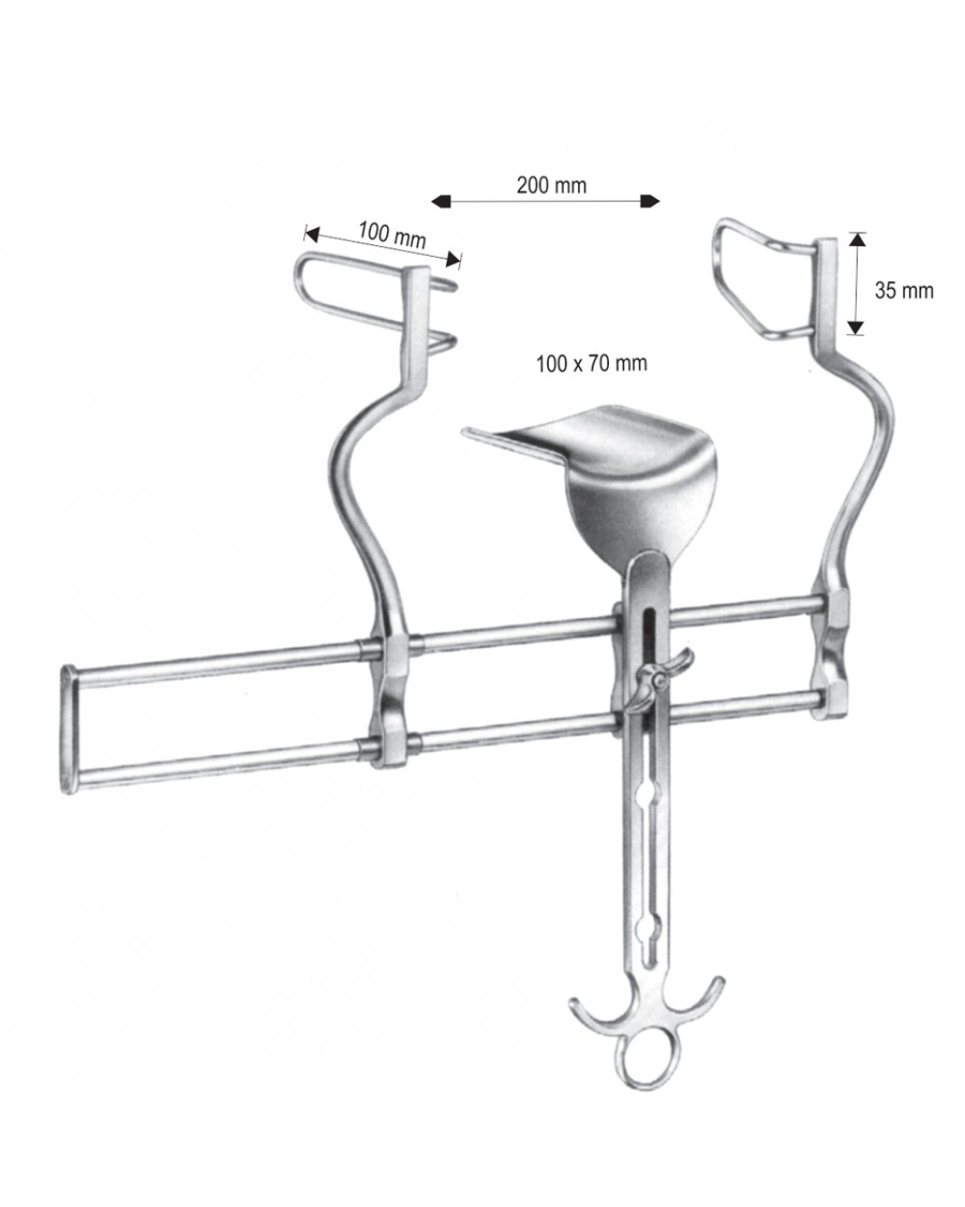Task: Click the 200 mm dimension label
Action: tap(551, 185)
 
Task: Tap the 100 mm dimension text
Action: tap(392, 235)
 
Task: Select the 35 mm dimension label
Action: tap(904, 291)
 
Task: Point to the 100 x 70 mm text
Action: tap(592, 363)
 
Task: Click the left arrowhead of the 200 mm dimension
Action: tap(441, 202)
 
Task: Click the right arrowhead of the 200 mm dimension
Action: tap(649, 202)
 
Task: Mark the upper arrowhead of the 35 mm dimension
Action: tap(856, 239)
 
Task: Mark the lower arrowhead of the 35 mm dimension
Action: tap(856, 327)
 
